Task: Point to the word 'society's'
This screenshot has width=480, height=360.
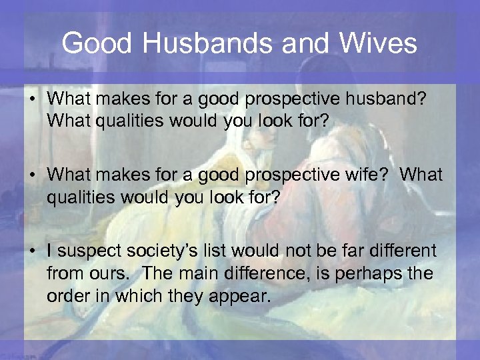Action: pyautogui.click(x=161, y=251)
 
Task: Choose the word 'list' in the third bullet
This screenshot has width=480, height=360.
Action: pyautogui.click(x=211, y=251)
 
